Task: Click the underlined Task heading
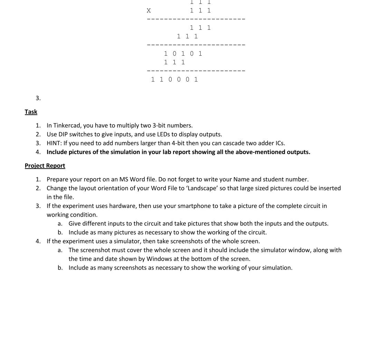(x=31, y=112)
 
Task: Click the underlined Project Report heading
(x=45, y=166)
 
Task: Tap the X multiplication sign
(x=149, y=11)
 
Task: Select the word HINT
(x=54, y=143)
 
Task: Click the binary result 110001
(x=174, y=79)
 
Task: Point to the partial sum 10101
(x=183, y=54)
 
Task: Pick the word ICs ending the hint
(x=279, y=143)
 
